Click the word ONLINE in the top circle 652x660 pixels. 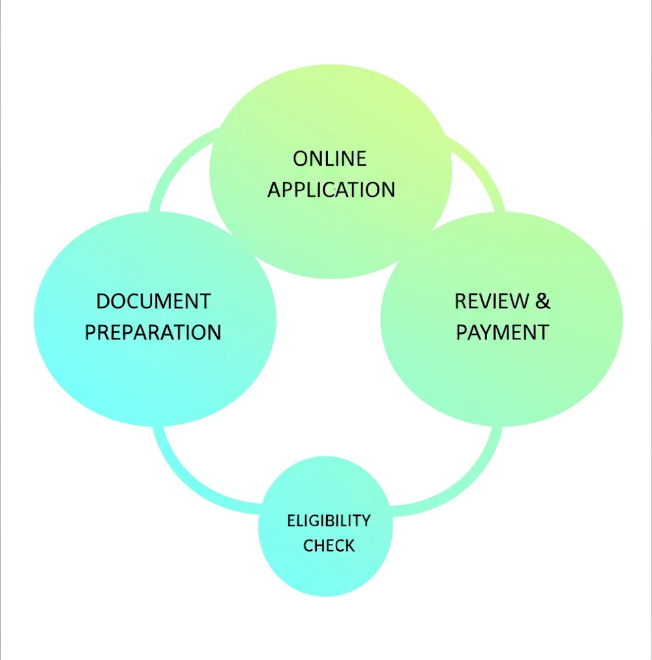point(329,158)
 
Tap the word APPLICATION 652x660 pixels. point(331,189)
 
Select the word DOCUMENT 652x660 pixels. point(153,301)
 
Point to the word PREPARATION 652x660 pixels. point(153,332)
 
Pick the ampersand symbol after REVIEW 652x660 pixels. point(543,301)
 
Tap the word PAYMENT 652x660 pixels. point(503,332)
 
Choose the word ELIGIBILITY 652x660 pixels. point(329,520)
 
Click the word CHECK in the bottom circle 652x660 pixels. point(329,545)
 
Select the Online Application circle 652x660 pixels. point(331,172)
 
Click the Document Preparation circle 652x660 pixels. point(155,319)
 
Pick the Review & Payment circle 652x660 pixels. point(502,319)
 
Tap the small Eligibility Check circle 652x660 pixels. point(325,526)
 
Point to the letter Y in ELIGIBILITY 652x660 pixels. point(366,520)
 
